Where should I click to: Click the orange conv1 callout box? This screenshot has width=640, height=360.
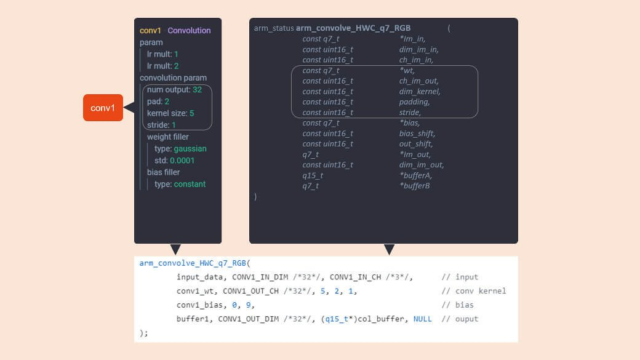click(x=103, y=108)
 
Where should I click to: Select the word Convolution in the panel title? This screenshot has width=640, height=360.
click(x=189, y=30)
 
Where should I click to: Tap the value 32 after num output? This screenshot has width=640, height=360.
click(x=197, y=90)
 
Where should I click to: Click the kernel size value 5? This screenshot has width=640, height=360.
click(x=191, y=113)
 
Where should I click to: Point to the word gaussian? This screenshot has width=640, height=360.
click(x=190, y=149)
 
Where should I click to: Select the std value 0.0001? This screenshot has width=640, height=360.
click(x=182, y=161)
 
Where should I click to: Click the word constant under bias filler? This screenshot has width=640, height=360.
click(x=190, y=184)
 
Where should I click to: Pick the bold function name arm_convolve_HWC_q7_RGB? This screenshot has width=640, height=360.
click(x=353, y=28)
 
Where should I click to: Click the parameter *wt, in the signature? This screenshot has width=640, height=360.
click(x=407, y=70)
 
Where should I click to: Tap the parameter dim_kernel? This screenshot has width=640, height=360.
click(x=420, y=92)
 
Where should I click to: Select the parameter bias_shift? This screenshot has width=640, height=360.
click(x=417, y=134)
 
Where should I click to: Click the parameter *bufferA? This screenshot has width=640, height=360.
click(x=415, y=175)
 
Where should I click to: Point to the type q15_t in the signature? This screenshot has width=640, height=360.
click(x=313, y=175)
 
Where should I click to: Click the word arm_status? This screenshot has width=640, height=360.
click(x=274, y=28)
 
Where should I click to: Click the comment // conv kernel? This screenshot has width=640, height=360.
click(x=473, y=291)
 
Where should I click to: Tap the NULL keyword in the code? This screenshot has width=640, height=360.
click(x=422, y=319)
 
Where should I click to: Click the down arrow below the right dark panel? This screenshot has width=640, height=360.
click(x=389, y=249)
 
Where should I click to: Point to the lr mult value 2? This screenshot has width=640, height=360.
click(x=176, y=66)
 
